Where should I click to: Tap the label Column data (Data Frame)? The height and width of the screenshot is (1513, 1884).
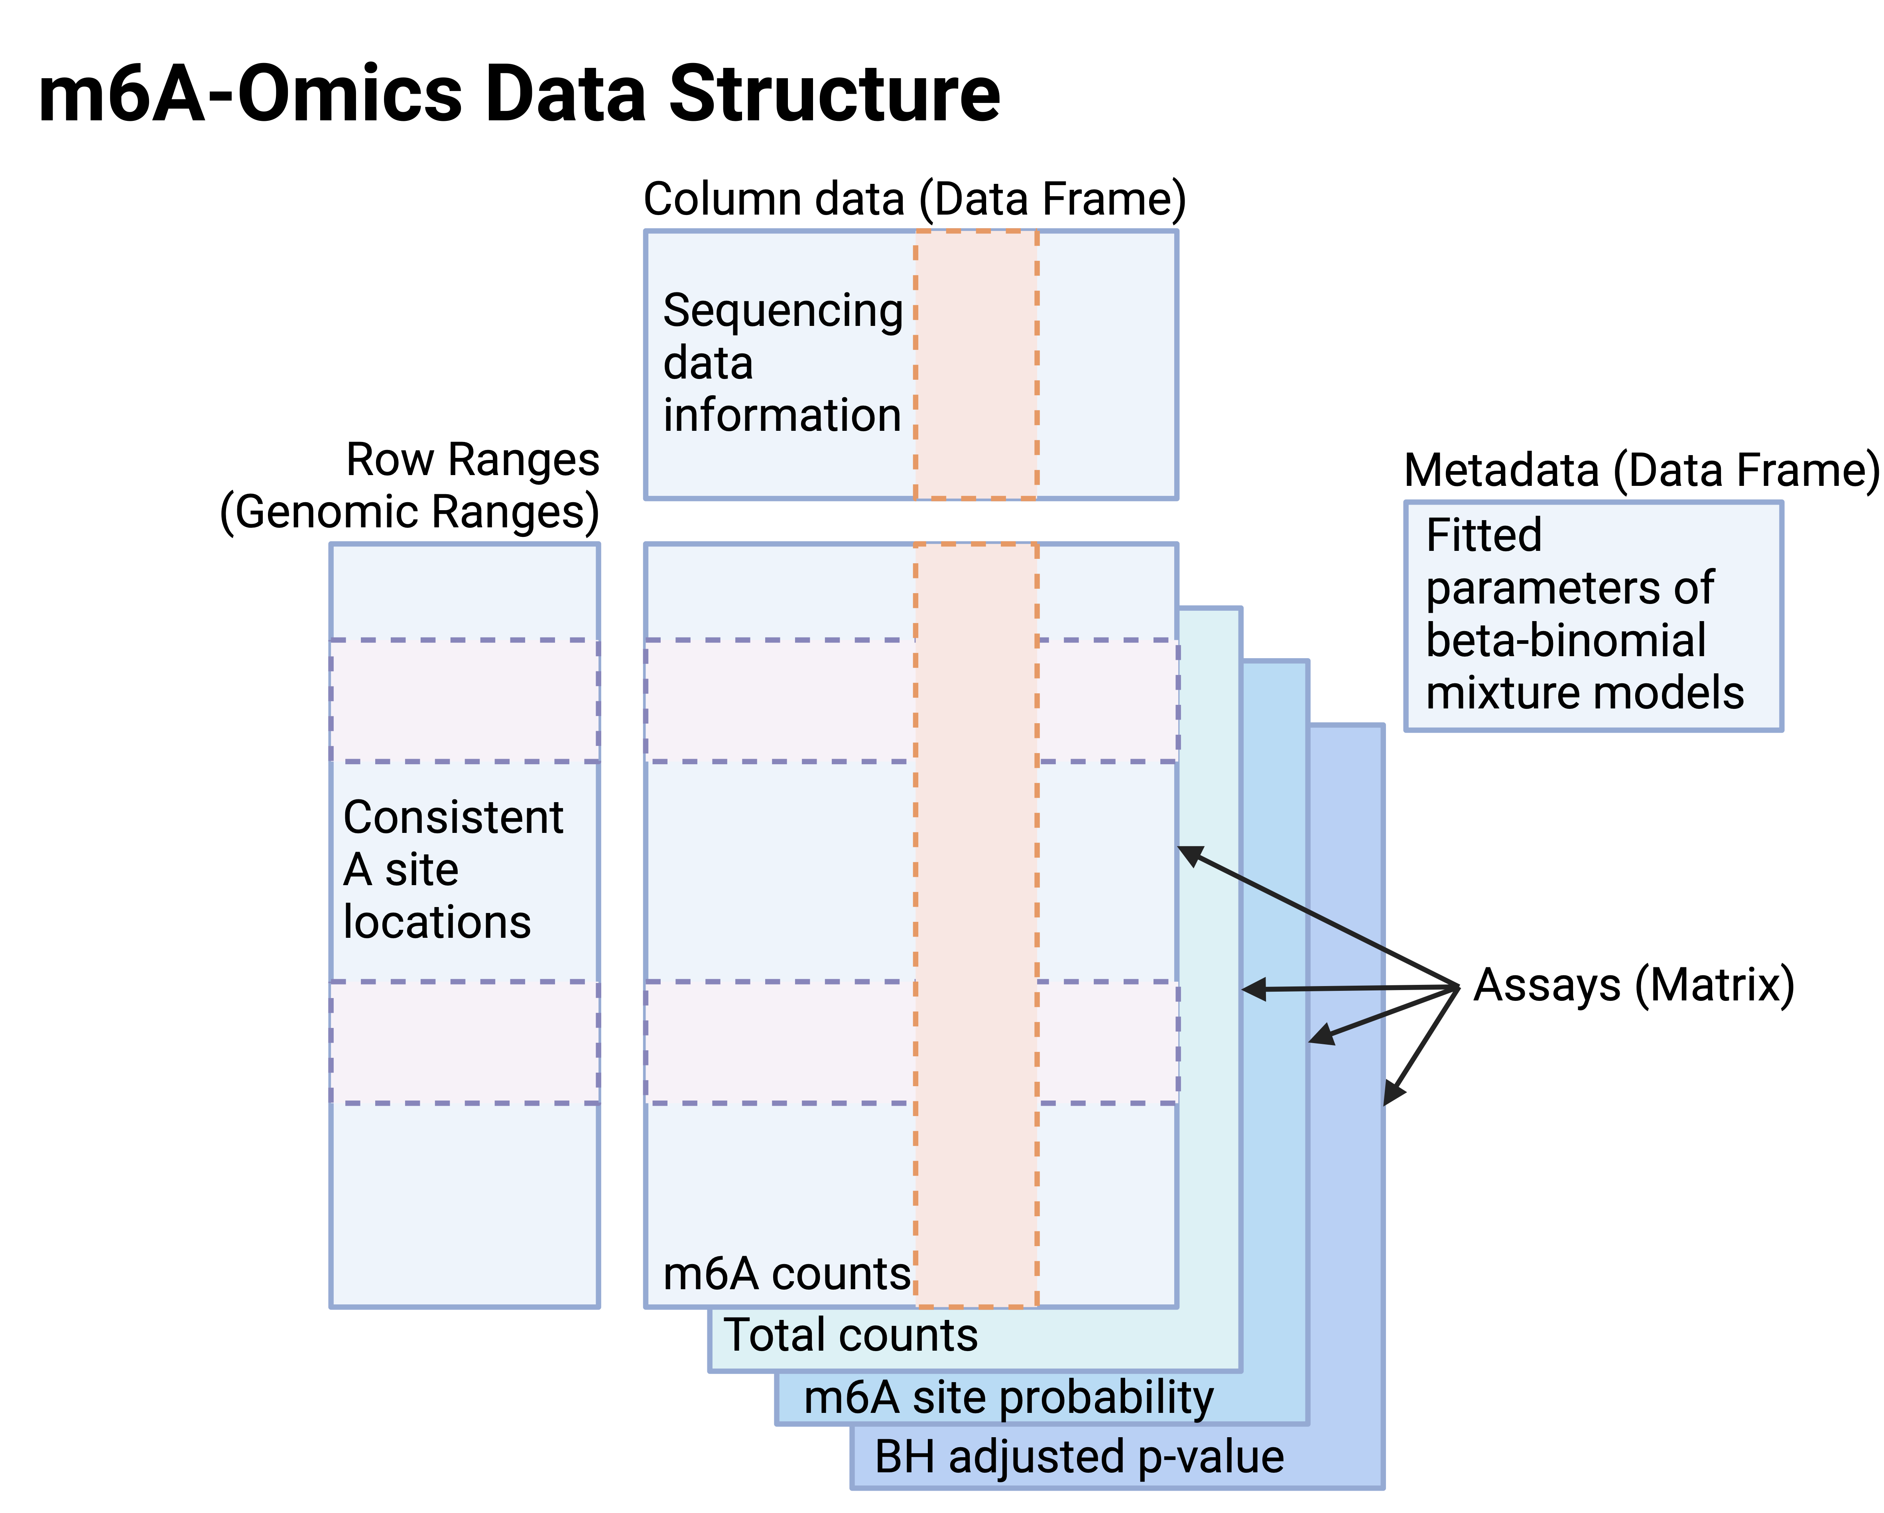(914, 199)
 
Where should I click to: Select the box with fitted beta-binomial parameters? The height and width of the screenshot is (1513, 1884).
(1593, 616)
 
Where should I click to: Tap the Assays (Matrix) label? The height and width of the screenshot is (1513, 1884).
(1633, 985)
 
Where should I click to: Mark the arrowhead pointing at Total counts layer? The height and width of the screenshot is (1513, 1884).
(1253, 989)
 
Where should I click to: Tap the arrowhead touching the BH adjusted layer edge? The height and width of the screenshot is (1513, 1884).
(1394, 1093)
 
